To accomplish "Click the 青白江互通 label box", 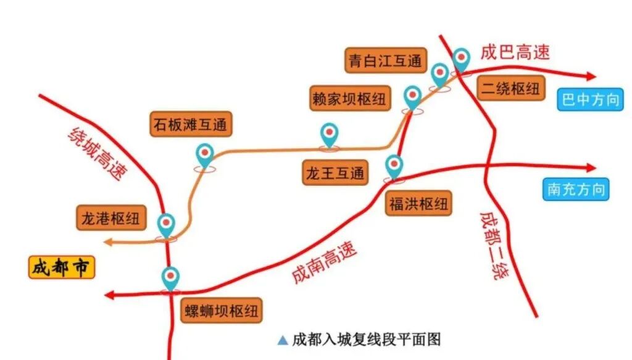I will (385, 62).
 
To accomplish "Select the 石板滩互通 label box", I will (191, 125).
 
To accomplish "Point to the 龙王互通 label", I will (335, 173).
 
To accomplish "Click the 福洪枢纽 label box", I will (418, 203).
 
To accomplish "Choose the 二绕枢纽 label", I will (510, 88).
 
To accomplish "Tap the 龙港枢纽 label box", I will (111, 219).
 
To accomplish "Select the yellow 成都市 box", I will (62, 268).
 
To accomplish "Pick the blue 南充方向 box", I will (576, 189).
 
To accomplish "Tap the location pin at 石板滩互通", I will (204, 156).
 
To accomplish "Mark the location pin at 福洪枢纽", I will (394, 166).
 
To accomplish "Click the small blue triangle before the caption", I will (283, 340).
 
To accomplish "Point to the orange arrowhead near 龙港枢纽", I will (109, 243).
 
